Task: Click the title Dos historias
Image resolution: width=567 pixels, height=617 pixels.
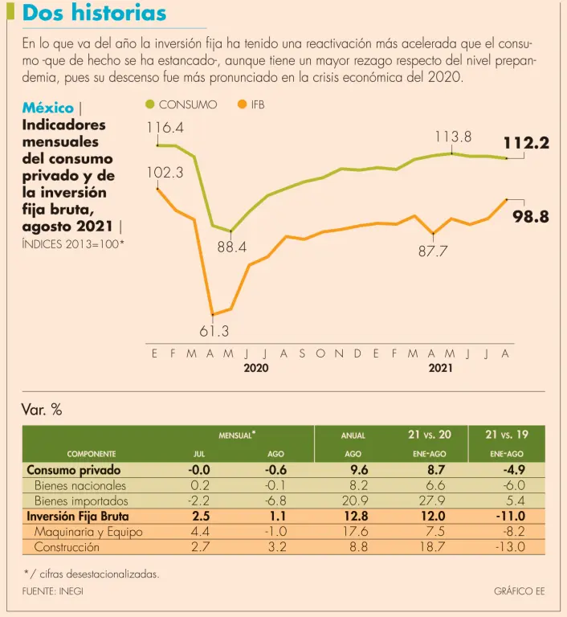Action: point(94,14)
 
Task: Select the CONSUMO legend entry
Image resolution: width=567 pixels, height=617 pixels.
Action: point(181,104)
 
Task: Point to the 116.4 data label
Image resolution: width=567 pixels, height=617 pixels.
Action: point(165,128)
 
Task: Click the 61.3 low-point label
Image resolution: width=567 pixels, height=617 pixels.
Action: point(214,331)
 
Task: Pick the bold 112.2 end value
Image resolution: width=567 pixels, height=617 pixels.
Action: point(526,144)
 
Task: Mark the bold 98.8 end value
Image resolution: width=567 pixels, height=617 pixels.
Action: point(531,216)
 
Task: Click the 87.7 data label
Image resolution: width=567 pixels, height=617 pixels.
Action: point(433,251)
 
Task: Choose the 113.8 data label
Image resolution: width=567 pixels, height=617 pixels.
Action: point(453,137)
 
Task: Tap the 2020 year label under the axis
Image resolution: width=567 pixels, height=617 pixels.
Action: point(255,368)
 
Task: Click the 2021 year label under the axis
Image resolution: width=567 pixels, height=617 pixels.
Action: point(440,368)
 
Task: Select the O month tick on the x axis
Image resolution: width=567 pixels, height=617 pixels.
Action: point(320,353)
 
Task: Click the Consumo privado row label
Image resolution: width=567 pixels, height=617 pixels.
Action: point(74,470)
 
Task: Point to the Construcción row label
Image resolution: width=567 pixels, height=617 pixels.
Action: point(67,547)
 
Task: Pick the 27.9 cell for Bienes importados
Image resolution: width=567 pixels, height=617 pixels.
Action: point(434,501)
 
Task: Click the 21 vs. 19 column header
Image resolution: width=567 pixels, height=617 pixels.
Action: point(507,435)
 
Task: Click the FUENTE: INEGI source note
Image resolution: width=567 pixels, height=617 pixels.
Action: point(53,591)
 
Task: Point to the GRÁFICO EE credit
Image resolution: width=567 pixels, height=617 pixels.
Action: point(519,591)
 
